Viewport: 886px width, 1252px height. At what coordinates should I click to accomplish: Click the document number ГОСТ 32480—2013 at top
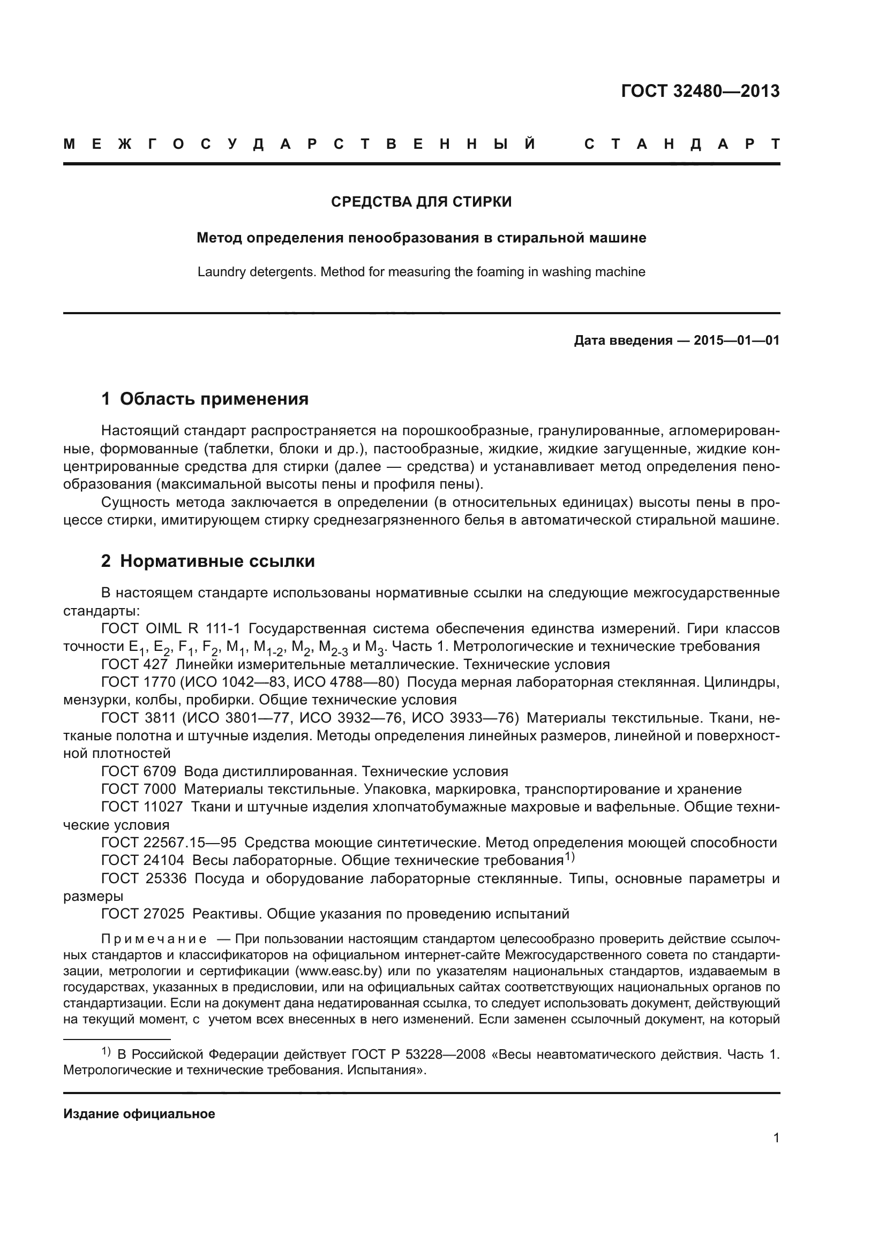(x=700, y=91)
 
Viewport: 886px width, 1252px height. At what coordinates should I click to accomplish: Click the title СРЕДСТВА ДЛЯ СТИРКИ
(x=421, y=202)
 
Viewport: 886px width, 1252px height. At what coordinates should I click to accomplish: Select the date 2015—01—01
(x=737, y=341)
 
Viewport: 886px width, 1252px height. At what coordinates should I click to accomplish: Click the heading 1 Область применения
(x=205, y=399)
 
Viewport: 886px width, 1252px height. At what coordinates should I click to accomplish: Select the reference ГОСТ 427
(x=134, y=664)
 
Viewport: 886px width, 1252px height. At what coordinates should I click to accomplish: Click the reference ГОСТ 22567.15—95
(x=169, y=843)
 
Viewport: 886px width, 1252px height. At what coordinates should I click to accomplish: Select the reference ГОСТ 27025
(x=143, y=913)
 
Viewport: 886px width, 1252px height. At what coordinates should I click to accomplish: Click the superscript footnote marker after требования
(x=569, y=856)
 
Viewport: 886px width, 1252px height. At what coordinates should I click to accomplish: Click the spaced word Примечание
(x=153, y=939)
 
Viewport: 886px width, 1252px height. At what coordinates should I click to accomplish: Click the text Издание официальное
(x=139, y=1113)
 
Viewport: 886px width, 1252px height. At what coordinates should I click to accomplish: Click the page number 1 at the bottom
(x=776, y=1137)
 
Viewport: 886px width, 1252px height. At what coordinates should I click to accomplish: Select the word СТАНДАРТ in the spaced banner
(x=682, y=144)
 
